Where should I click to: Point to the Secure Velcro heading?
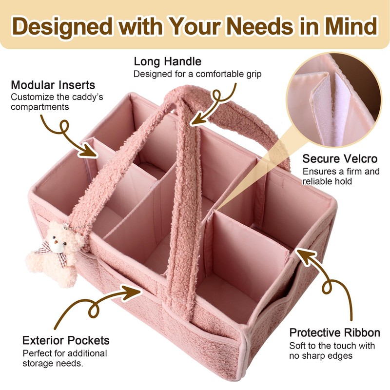click(340, 159)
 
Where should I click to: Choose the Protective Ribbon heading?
click(334, 333)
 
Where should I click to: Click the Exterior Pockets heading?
click(66, 340)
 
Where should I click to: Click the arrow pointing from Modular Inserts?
click(73, 134)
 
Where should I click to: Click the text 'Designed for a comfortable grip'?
click(198, 74)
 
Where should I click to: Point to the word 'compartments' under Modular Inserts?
click(40, 106)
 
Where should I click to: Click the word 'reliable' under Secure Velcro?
click(317, 181)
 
